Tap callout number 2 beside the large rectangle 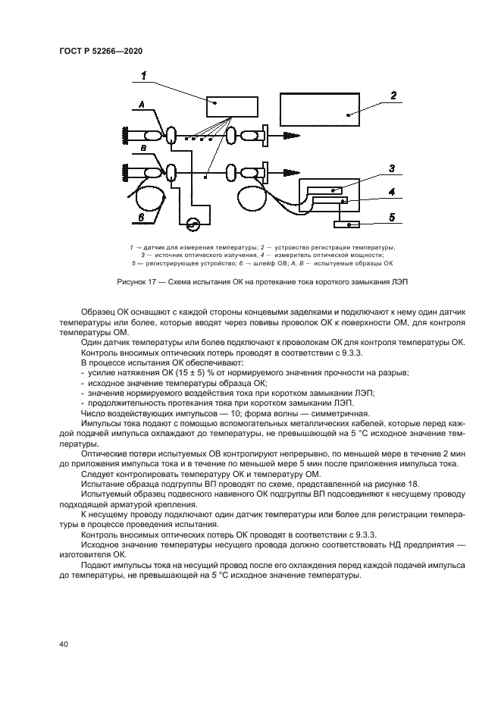[x=394, y=96]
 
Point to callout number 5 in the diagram [x=392, y=218]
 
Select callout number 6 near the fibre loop [x=142, y=217]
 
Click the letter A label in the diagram [x=142, y=104]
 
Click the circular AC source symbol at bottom [x=193, y=224]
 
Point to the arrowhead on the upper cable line [x=290, y=136]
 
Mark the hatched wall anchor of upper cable [x=120, y=136]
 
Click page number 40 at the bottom [x=64, y=644]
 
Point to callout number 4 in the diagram [x=392, y=193]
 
